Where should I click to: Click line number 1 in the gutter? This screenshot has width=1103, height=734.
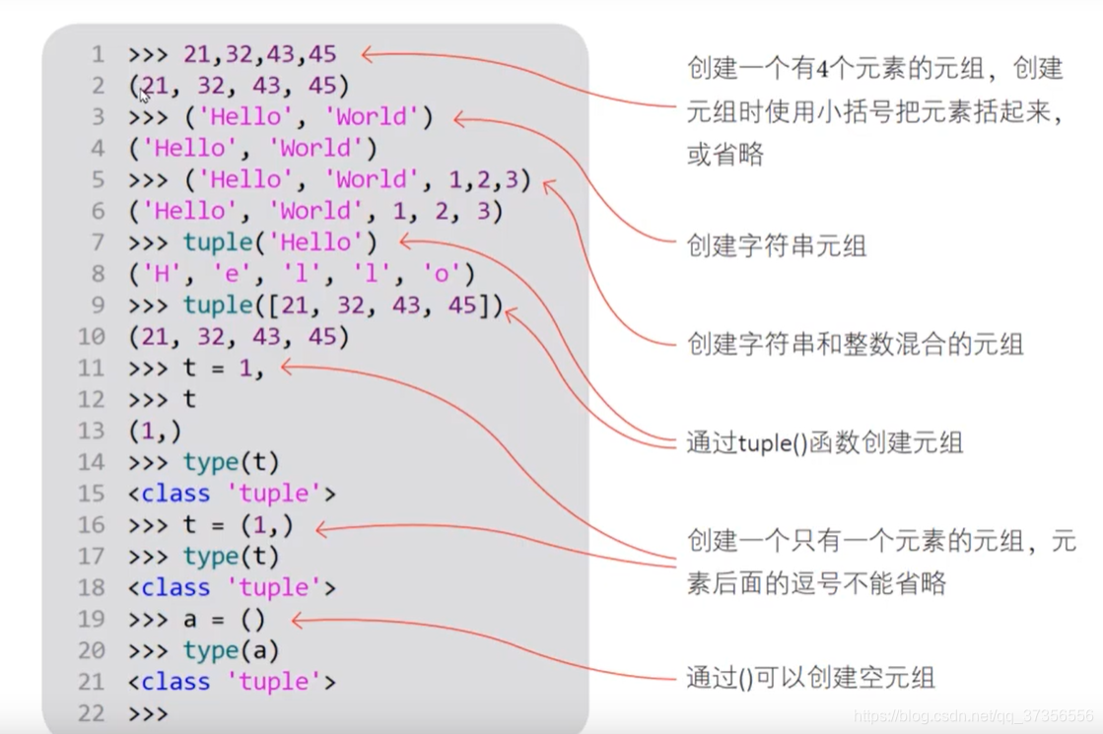point(97,54)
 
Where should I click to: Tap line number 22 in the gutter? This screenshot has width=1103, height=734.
point(91,713)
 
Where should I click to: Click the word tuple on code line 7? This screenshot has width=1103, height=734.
point(217,242)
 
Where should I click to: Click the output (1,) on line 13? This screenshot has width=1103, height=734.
point(155,431)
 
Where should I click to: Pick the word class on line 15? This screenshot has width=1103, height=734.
point(175,494)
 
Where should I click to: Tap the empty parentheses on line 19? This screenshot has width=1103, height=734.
point(252,620)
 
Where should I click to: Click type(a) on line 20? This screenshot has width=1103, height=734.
point(231,651)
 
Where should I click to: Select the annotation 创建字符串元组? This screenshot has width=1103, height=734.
point(776,245)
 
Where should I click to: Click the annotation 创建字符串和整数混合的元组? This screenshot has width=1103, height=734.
point(855,344)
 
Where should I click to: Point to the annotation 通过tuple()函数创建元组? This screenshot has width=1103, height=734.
point(824,442)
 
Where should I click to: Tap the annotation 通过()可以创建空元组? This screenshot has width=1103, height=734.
point(810,678)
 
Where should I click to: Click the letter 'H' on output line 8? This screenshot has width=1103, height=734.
point(156,274)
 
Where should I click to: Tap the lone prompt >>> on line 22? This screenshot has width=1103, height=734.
point(148,713)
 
